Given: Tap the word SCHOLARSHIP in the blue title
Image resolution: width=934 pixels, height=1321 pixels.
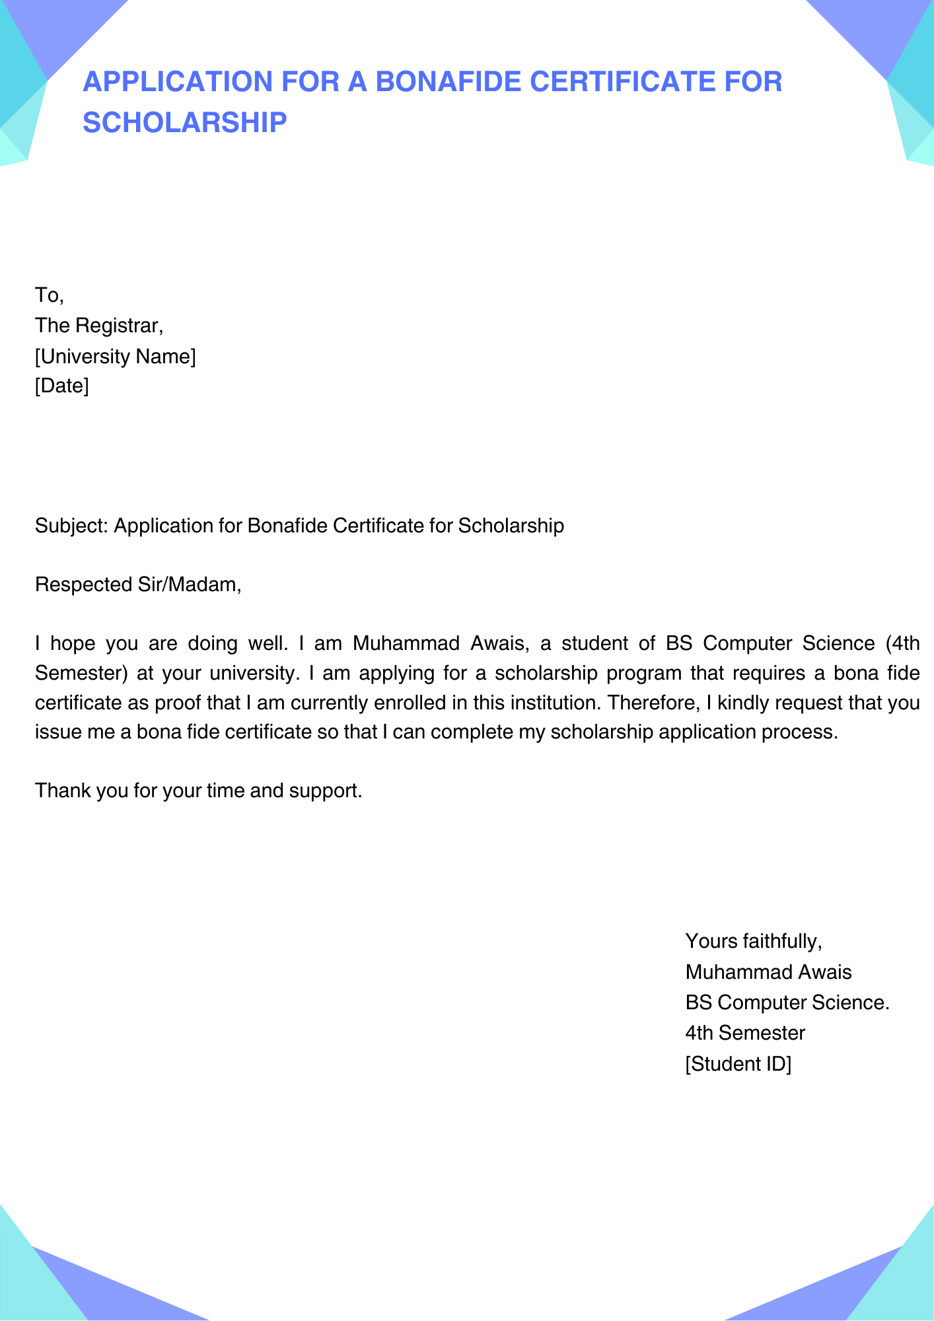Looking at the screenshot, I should (x=185, y=122).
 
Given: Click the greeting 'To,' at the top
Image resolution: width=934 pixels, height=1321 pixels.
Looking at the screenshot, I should (x=49, y=295).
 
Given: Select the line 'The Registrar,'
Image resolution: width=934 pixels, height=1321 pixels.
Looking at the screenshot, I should (x=98, y=326).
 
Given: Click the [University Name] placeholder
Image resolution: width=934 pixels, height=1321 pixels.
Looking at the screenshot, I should (x=115, y=357).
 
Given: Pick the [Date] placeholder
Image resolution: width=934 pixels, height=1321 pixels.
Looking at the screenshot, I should (x=61, y=386).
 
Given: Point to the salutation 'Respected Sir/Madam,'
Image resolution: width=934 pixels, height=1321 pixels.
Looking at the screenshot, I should (x=138, y=585).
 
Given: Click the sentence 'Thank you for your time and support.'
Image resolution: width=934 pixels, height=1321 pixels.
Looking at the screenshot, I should (x=198, y=791).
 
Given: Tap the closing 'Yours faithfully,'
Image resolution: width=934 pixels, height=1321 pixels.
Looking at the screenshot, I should (x=754, y=941).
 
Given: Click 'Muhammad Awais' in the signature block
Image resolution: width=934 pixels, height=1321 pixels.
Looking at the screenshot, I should (x=768, y=972).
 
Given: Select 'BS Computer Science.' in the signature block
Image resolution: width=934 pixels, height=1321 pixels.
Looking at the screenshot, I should (x=787, y=1003).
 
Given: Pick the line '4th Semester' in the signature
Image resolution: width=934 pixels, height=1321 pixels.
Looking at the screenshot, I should (x=745, y=1033).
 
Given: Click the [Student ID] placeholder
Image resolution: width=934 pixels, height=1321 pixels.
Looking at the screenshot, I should (x=738, y=1064).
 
